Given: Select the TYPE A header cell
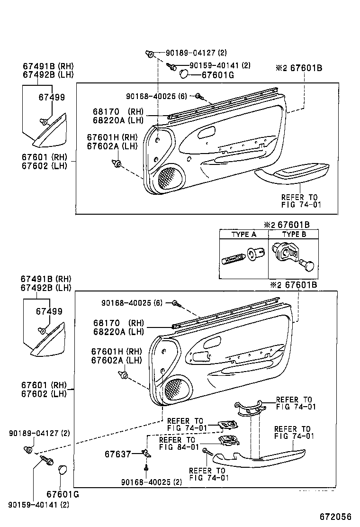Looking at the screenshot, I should click(x=243, y=234).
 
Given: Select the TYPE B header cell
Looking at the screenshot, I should click(x=294, y=234).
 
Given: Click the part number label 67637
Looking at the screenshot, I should click(x=117, y=454).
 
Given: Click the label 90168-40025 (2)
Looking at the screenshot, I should click(x=151, y=482).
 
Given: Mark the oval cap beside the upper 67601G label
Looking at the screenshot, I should click(x=184, y=74).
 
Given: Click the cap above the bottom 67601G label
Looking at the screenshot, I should click(x=62, y=470).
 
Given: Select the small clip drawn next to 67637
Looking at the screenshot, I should click(x=147, y=454).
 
